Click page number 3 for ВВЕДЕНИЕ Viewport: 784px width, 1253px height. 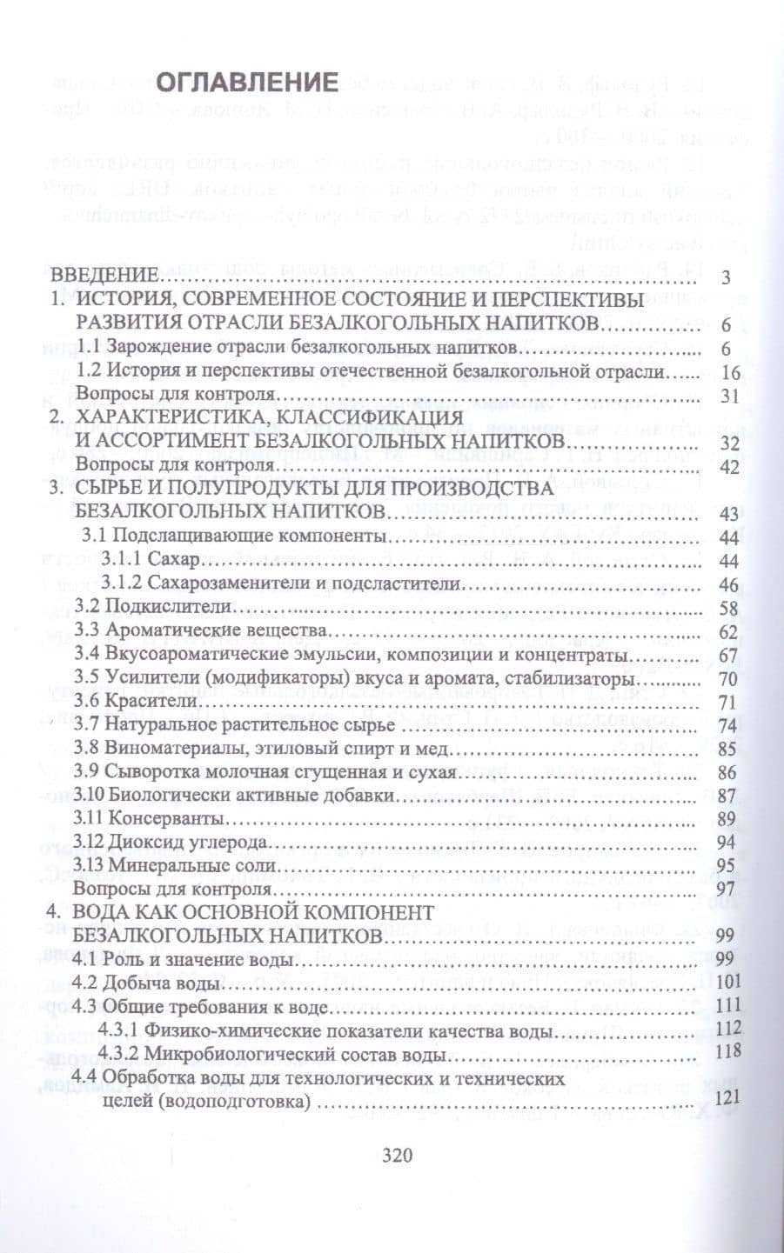pyautogui.click(x=727, y=278)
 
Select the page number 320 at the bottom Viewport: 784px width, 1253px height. pyautogui.click(x=396, y=1156)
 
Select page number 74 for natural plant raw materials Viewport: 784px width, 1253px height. pyautogui.click(x=727, y=724)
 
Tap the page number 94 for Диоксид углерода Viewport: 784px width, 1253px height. pyautogui.click(x=727, y=842)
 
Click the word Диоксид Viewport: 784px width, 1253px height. pyautogui.click(x=137, y=843)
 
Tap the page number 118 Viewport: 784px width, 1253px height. pyautogui.click(x=725, y=1052)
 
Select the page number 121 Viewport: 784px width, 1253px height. pyautogui.click(x=725, y=1099)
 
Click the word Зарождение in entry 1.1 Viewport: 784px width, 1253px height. pyautogui.click(x=159, y=348)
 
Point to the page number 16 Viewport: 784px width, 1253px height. pyautogui.click(x=728, y=372)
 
